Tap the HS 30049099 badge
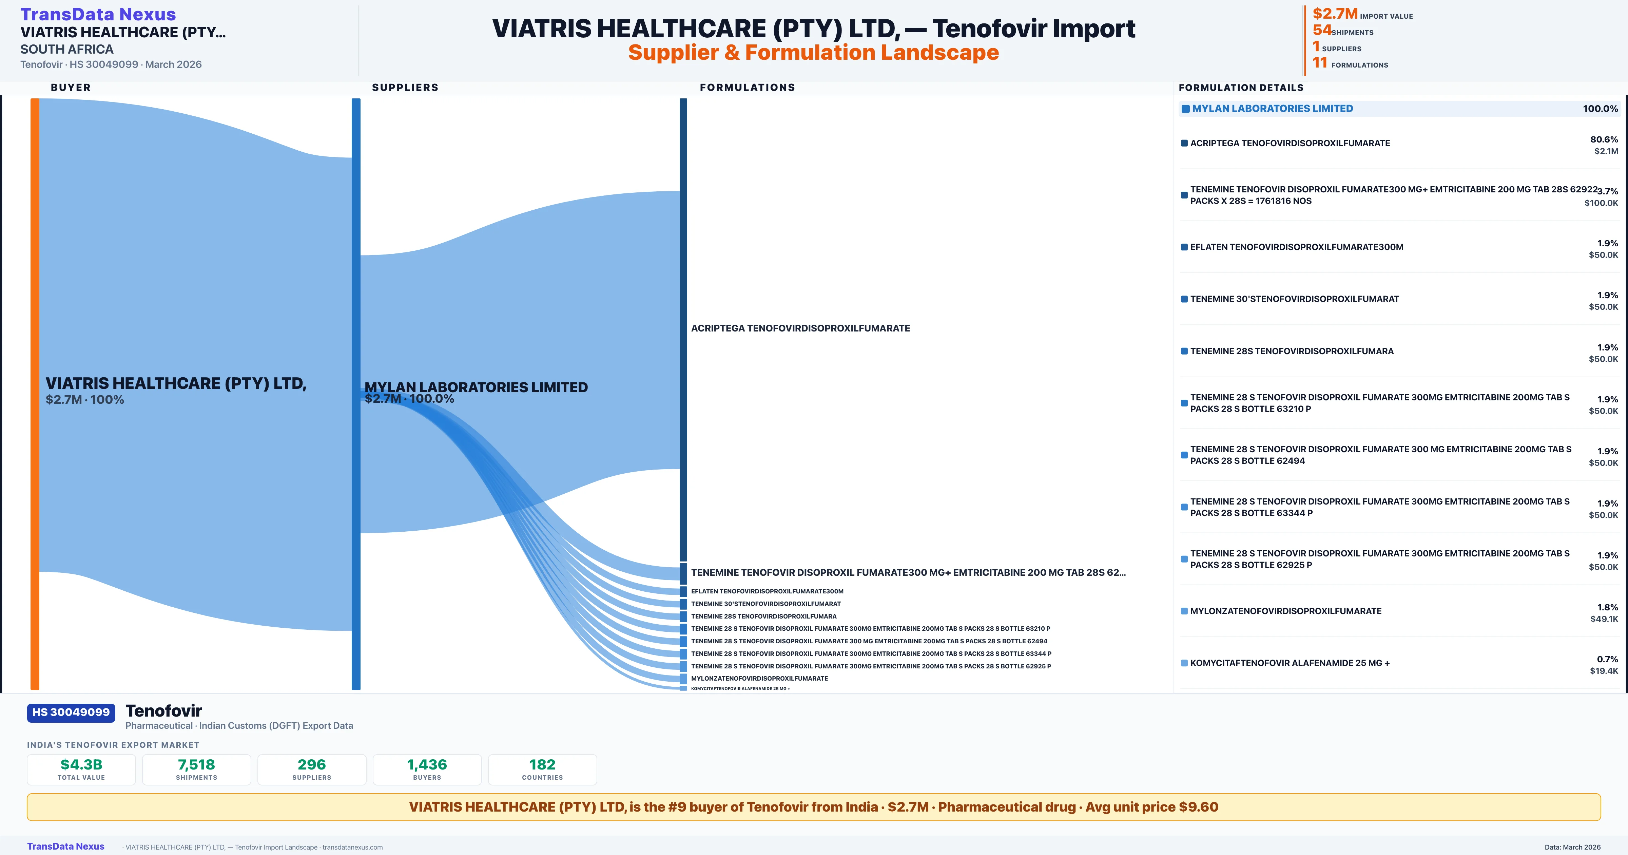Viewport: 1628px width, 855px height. [71, 712]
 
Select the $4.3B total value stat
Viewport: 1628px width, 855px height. [81, 764]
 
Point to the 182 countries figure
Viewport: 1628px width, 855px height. [542, 764]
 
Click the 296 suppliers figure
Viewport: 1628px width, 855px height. [312, 764]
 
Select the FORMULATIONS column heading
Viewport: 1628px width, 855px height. [747, 87]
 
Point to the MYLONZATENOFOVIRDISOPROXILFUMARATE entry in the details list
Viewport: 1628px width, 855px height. [1285, 611]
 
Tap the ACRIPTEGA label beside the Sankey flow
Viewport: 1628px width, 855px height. [800, 328]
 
